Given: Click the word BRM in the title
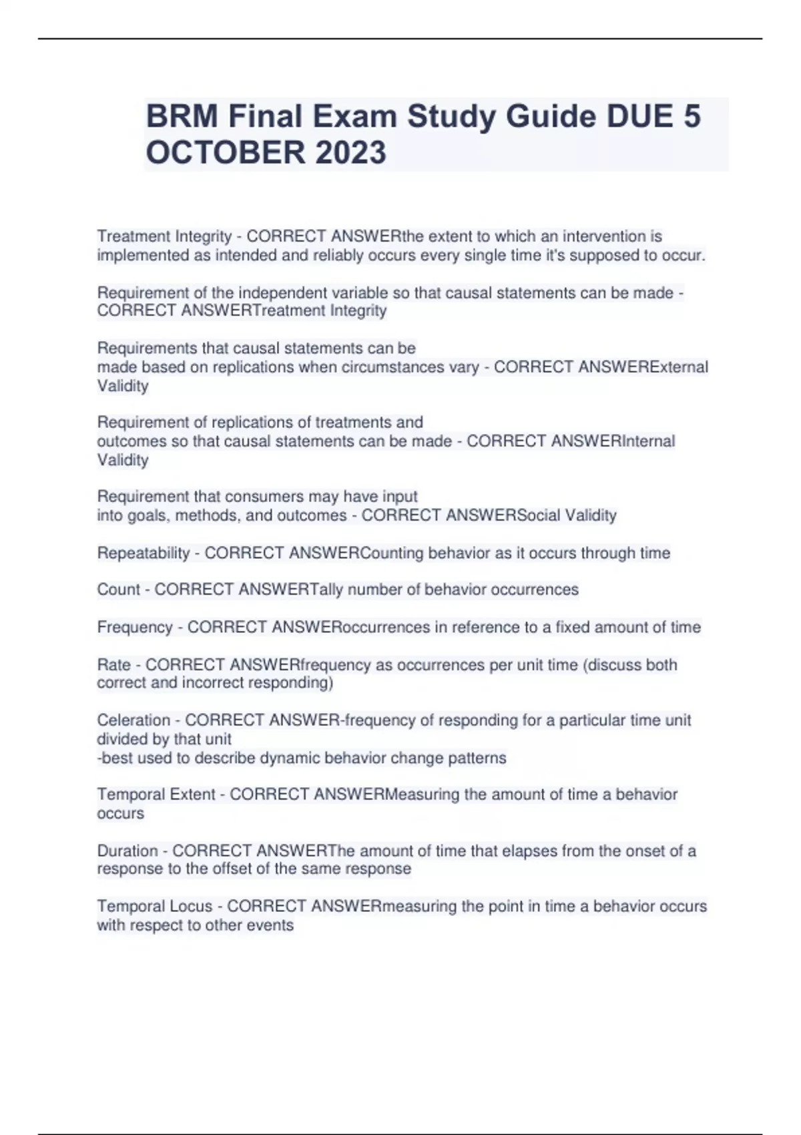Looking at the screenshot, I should pos(182,117).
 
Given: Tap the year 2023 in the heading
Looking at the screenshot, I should pos(350,152).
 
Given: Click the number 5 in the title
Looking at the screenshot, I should pos(692,117).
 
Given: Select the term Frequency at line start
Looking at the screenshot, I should pos(135,627).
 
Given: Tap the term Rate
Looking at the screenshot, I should pos(113,664).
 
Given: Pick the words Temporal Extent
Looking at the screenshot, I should pos(156,794).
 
